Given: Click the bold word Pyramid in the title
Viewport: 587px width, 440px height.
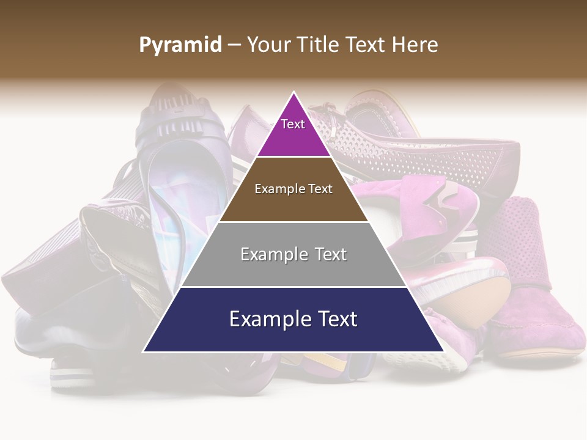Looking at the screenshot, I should [180, 45].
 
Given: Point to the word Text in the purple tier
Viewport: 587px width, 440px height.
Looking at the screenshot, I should [292, 124].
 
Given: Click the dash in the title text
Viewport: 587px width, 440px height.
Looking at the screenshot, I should [234, 45].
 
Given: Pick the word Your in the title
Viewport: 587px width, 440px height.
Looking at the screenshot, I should [268, 45].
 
